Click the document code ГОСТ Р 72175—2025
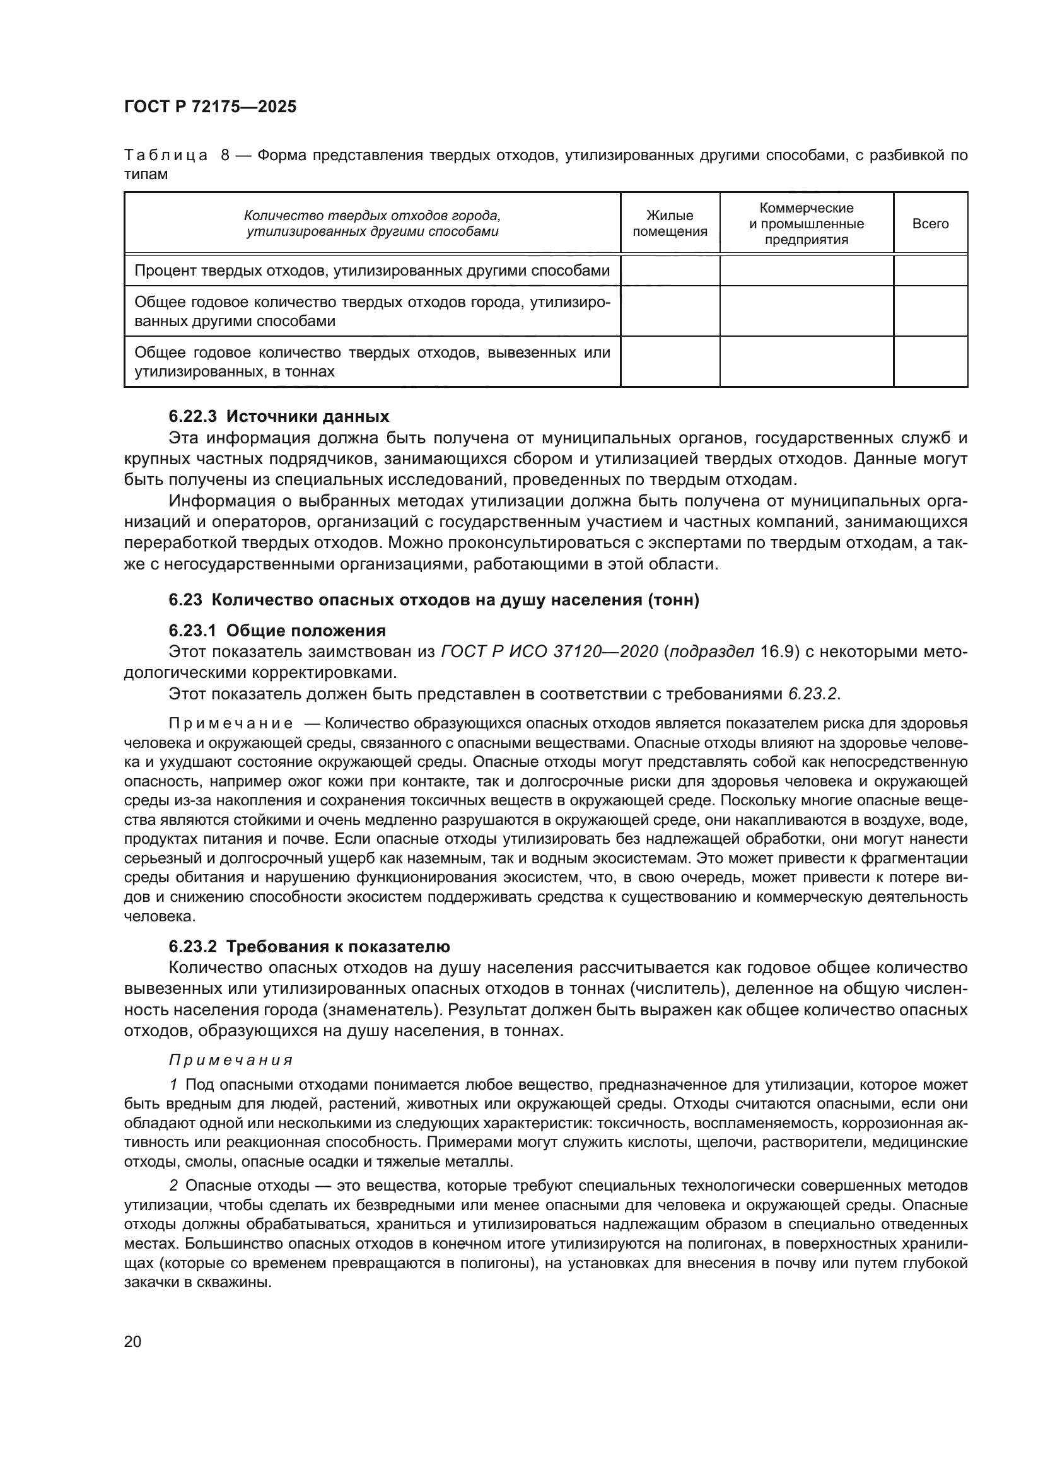pos(210,107)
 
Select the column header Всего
pos(930,224)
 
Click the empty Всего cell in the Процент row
pos(930,271)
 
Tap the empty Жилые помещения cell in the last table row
pos(669,362)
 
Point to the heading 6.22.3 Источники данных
pos(279,416)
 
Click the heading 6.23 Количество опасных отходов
pos(433,600)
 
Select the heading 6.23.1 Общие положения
pos(277,630)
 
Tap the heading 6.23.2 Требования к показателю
pos(309,947)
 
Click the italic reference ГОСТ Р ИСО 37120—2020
pos(550,651)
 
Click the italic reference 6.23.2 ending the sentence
pos(813,694)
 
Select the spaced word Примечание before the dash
pos(231,724)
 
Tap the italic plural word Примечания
pos(231,1060)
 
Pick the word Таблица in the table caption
pos(166,156)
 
